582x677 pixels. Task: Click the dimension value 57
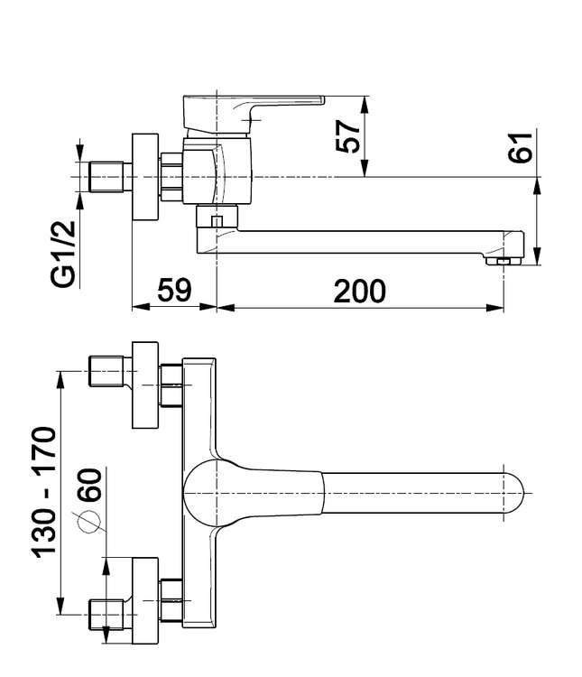pyautogui.click(x=348, y=136)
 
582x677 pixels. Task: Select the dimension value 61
pyautogui.click(x=520, y=148)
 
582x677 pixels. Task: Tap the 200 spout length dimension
pyautogui.click(x=360, y=291)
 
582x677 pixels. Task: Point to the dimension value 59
pyautogui.click(x=174, y=290)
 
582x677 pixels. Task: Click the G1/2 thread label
pyautogui.click(x=63, y=255)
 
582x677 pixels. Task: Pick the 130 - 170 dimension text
pyautogui.click(x=43, y=492)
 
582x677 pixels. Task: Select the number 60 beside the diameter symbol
pyautogui.click(x=90, y=485)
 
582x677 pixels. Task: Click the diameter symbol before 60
pyautogui.click(x=89, y=522)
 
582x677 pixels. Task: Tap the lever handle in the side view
pyautogui.click(x=253, y=113)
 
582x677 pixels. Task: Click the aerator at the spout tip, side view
pyautogui.click(x=503, y=261)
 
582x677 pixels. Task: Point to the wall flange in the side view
pyautogui.click(x=145, y=178)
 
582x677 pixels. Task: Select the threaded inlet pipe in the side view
pyautogui.click(x=106, y=177)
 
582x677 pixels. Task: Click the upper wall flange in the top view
pyautogui.click(x=145, y=385)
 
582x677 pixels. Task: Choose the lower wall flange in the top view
pyautogui.click(x=145, y=600)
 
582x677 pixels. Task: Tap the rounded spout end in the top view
pyautogui.click(x=513, y=493)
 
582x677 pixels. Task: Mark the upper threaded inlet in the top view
pyautogui.click(x=106, y=371)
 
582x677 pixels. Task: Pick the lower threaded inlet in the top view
pyautogui.click(x=106, y=615)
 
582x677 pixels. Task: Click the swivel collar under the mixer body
pyautogui.click(x=217, y=217)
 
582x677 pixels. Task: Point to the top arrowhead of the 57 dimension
pyautogui.click(x=365, y=105)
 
